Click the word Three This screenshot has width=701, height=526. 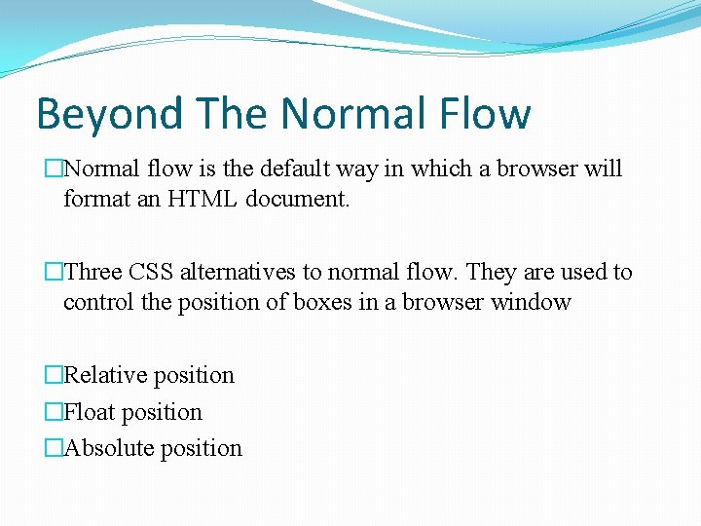pos(93,272)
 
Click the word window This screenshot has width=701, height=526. pos(530,302)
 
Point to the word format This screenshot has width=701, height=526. pos(95,199)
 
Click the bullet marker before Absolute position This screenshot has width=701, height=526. pos(54,448)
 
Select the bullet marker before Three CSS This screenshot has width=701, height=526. pos(54,272)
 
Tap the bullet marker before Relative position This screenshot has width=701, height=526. pos(54,375)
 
